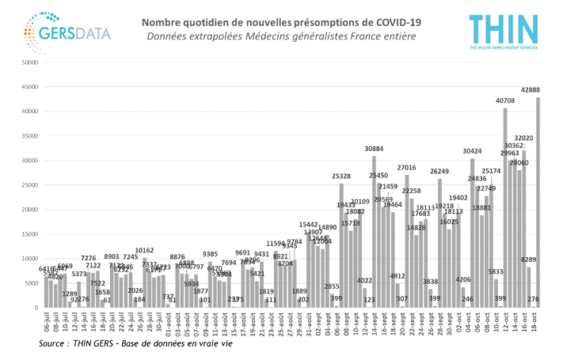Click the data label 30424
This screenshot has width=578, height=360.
pyautogui.click(x=472, y=151)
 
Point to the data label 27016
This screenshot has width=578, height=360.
pyautogui.click(x=406, y=168)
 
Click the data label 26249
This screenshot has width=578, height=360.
pyautogui.click(x=439, y=171)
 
